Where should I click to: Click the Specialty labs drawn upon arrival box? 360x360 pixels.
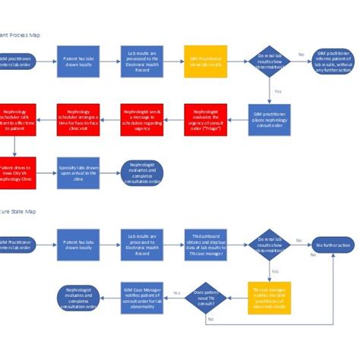pyautogui.click(x=78, y=172)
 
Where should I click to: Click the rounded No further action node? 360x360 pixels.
pyautogui.click(x=332, y=245)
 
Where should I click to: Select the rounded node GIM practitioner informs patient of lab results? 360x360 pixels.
pyautogui.click(x=333, y=64)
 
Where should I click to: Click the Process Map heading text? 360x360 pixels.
pyautogui.click(x=20, y=35)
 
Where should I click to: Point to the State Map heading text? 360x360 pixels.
pyautogui.click(x=18, y=212)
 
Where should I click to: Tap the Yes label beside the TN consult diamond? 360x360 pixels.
pyautogui.click(x=176, y=292)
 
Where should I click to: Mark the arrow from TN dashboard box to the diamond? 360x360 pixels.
pyautogui.click(x=236, y=245)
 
